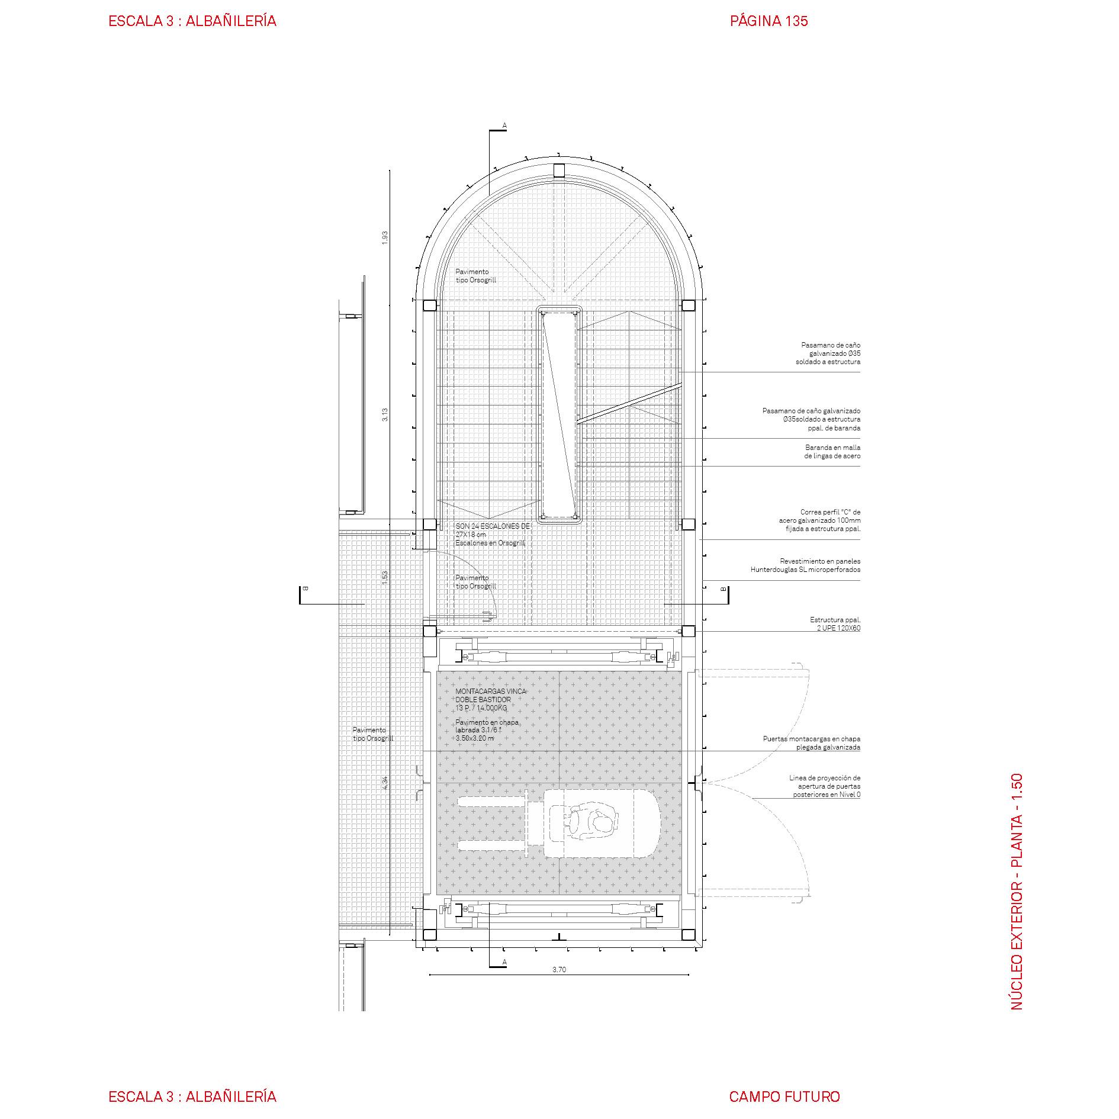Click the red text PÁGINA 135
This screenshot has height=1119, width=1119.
(x=768, y=21)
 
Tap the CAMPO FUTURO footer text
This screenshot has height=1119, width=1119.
(x=784, y=1079)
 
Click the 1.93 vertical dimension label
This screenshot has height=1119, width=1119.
(x=385, y=237)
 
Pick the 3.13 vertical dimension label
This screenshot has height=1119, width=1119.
(x=385, y=414)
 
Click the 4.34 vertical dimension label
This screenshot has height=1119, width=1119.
(x=385, y=783)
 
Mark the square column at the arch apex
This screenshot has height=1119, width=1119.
(x=559, y=171)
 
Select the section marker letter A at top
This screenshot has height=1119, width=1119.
(x=504, y=125)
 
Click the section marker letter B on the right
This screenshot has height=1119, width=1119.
(x=723, y=589)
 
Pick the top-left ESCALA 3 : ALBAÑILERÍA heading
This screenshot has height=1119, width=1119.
(x=192, y=21)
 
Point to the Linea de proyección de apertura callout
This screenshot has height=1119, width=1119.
(x=825, y=786)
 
